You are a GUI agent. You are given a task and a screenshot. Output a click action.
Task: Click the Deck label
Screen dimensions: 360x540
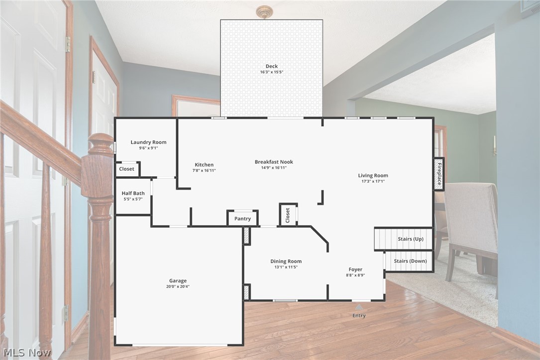point(272,66)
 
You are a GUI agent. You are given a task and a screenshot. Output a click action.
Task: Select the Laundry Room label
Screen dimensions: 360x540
point(148,142)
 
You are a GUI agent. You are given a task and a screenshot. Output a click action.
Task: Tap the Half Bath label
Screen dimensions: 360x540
point(133,193)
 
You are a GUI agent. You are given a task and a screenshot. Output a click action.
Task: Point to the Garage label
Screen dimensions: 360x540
point(178,281)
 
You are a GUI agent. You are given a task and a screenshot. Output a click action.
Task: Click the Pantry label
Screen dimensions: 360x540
point(243,219)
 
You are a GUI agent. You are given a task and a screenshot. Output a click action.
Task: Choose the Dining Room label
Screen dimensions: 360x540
point(286,261)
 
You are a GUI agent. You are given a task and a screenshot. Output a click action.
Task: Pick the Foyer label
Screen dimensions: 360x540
point(355,269)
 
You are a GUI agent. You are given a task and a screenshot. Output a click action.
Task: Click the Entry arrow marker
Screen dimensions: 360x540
point(359,307)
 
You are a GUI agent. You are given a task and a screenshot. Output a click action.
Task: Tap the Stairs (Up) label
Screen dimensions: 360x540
point(411,239)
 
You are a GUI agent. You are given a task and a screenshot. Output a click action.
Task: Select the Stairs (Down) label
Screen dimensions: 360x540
point(410,261)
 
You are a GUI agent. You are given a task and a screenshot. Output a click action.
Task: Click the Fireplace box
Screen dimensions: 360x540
point(439,174)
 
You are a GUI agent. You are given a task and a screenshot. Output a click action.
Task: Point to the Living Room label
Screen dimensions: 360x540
point(373,175)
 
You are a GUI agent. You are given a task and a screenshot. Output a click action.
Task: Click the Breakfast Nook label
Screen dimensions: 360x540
point(274,162)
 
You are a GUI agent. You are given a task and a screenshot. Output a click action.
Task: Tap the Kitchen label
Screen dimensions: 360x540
point(204,165)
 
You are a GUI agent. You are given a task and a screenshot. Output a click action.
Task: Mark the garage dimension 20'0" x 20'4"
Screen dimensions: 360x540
point(178,286)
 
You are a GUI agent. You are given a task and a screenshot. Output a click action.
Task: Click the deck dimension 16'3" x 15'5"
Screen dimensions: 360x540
point(272,72)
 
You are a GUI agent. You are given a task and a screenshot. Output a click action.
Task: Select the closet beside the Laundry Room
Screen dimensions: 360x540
point(127,169)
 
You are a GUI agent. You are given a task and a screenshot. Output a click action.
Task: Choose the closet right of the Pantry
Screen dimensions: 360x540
point(288,215)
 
